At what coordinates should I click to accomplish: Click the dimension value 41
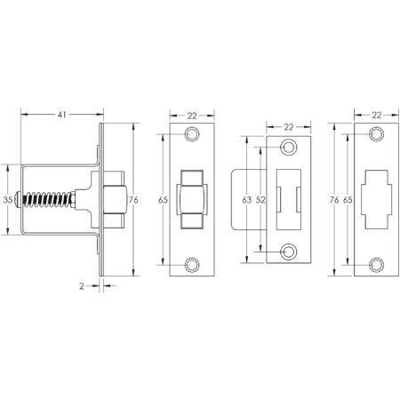coord(60,115)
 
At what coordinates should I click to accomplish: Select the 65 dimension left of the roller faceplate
coord(164,200)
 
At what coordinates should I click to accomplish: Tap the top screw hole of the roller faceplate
coord(192,136)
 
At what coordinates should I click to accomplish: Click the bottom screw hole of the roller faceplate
coord(192,263)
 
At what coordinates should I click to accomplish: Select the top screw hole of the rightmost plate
coord(376,136)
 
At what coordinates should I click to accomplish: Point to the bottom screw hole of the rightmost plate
coord(376,263)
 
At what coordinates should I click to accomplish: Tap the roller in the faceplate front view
coord(192,199)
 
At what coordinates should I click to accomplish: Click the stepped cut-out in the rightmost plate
coord(376,199)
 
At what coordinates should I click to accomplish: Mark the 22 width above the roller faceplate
coord(192,115)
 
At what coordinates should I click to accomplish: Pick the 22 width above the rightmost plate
coord(376,115)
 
